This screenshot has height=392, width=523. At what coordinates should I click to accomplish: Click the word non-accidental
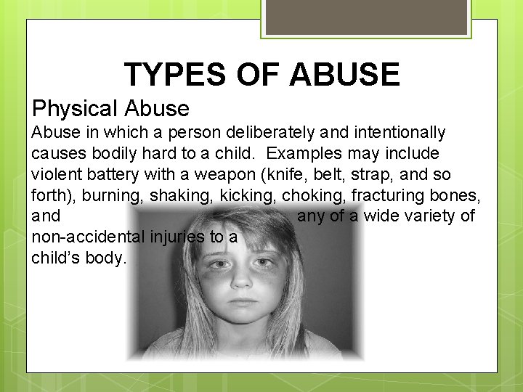point(89,237)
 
